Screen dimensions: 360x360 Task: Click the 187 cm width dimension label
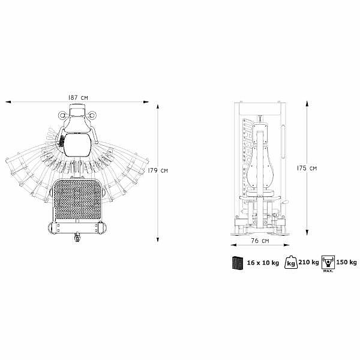pos(78,97)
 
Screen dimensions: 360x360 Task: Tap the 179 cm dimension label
pos(157,170)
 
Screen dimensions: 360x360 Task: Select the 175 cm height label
pos(307,168)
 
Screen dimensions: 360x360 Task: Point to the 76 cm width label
pos(260,241)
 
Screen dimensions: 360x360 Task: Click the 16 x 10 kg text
pos(263,262)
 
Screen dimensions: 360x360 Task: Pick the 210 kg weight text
pos(308,262)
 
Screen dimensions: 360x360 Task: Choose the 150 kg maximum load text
pos(346,262)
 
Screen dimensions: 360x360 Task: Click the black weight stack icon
pos(238,262)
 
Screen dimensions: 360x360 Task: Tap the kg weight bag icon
pos(291,262)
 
